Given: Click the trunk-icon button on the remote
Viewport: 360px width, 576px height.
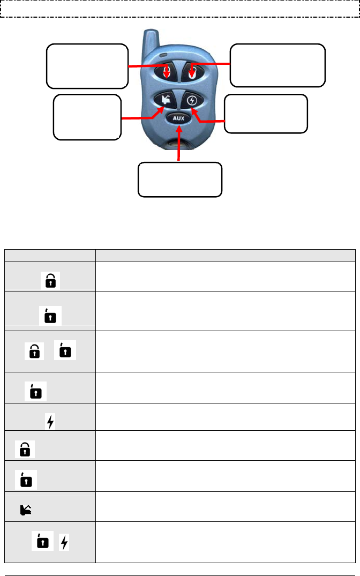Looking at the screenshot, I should pyautogui.click(x=164, y=100).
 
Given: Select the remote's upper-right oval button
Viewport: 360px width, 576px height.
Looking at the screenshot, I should pyautogui.click(x=192, y=72).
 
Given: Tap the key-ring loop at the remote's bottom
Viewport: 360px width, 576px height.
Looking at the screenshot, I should pyautogui.click(x=179, y=144).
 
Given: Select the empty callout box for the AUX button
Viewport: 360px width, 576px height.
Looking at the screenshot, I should pyautogui.click(x=179, y=179).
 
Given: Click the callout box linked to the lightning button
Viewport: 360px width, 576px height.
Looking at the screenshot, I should pyautogui.click(x=266, y=114).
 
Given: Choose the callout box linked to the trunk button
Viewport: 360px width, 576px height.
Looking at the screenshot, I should pyautogui.click(x=87, y=117).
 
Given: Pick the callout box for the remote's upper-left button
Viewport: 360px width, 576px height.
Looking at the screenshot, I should pyautogui.click(x=87, y=66).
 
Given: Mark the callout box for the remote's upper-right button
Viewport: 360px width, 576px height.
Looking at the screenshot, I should pyautogui.click(x=277, y=65).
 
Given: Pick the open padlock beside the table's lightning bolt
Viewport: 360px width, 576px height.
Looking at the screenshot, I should pyautogui.click(x=40, y=542).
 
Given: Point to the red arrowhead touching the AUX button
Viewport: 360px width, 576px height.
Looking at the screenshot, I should pyautogui.click(x=179, y=127).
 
